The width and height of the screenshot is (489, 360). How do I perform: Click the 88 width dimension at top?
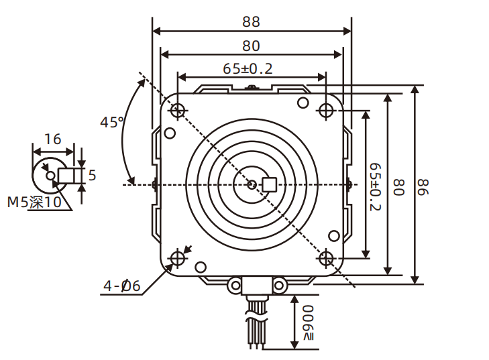tap(251, 21)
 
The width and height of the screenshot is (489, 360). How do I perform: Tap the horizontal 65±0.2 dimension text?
tap(248, 68)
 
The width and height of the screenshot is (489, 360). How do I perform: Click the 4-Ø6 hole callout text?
tap(121, 286)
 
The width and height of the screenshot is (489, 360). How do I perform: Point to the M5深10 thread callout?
tap(34, 202)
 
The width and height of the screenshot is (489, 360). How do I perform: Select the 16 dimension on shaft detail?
tap(52, 139)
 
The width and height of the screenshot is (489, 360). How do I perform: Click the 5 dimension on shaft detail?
tap(92, 176)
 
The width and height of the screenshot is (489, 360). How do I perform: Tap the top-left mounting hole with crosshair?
tap(178, 110)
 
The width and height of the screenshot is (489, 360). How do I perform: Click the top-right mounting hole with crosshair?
tap(326, 110)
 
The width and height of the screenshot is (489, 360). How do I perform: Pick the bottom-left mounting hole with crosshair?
tap(178, 259)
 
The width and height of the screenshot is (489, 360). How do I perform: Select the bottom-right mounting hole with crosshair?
tap(326, 259)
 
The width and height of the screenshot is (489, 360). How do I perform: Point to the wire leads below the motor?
tap(256, 328)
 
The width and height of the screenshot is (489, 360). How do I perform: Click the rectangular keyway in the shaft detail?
tap(68, 176)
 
